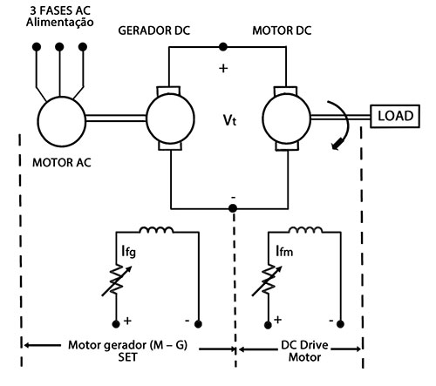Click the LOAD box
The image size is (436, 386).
pyautogui.click(x=395, y=116)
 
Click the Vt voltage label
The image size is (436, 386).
pyautogui.click(x=229, y=119)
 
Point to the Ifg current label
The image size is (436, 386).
pyautogui.click(x=128, y=251)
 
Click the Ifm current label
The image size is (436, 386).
pyautogui.click(x=284, y=251)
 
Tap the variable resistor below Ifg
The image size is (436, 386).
pyautogui.click(x=116, y=280)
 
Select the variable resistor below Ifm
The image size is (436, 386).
pyautogui.click(x=268, y=280)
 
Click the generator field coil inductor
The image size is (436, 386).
pyautogui.click(x=156, y=230)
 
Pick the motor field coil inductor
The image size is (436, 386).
pyautogui.click(x=305, y=230)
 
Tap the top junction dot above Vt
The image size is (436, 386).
pyautogui.click(x=223, y=46)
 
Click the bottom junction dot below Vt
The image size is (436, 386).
pyautogui.click(x=233, y=208)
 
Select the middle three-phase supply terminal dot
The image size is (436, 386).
pyautogui.click(x=59, y=46)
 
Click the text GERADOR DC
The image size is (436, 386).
pyautogui.click(x=154, y=30)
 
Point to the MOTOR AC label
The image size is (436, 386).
pyautogui.click(x=62, y=163)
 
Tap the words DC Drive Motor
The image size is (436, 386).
pyautogui.click(x=304, y=351)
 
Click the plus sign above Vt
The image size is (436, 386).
pyautogui.click(x=223, y=69)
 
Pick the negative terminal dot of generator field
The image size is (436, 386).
pyautogui.click(x=198, y=324)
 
